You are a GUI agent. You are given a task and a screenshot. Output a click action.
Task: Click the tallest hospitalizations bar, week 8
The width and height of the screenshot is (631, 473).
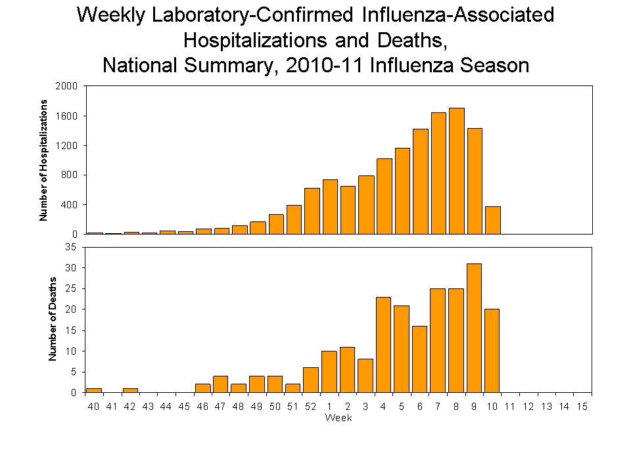pos(456,171)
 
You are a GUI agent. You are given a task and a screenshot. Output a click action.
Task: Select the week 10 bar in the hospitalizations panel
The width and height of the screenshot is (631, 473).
pos(492,220)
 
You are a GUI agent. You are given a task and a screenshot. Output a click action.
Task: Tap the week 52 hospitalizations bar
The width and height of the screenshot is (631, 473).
pos(312,211)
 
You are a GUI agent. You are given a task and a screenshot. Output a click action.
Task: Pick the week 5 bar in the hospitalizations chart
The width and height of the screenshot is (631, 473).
pos(402,191)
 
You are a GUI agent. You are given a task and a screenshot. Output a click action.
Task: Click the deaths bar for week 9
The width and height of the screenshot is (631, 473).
pos(474,328)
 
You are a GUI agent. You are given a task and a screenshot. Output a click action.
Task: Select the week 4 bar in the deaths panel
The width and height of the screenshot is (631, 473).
pos(384,345)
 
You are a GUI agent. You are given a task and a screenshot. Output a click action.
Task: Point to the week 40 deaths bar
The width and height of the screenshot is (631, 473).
pos(94,390)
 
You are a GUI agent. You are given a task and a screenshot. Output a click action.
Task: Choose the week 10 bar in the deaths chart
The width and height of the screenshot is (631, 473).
pos(492,351)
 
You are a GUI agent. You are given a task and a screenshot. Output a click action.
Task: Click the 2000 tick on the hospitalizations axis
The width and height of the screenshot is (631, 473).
pos(69,86)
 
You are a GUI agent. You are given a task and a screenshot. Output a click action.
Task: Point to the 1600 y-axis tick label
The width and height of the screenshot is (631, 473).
pos(69,116)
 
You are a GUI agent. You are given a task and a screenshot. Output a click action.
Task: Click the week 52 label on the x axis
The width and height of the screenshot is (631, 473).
pos(311,406)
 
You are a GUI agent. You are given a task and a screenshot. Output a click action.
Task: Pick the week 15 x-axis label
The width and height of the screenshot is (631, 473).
pos(582,406)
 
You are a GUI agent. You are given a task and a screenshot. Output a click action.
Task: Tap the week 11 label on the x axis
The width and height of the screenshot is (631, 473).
pos(509,406)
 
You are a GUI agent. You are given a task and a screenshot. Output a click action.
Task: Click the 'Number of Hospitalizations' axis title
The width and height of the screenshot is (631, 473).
pos(45,160)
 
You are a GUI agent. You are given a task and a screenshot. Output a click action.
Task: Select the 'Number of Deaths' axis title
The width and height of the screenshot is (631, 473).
pos(53,319)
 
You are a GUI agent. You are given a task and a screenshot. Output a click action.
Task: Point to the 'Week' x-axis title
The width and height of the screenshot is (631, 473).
pos(339,418)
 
